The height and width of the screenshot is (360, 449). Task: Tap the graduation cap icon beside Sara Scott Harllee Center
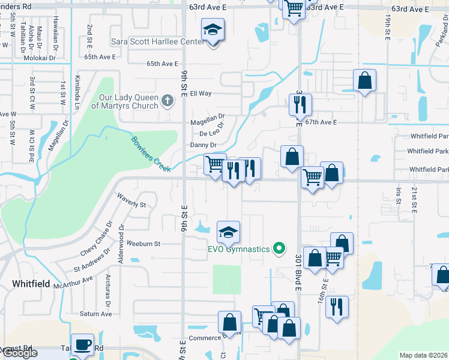pos(212,30)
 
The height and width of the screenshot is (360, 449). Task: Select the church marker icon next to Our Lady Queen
pos(168,101)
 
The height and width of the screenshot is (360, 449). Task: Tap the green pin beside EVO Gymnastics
pos(279,247)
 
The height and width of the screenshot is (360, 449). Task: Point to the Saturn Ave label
pos(96,314)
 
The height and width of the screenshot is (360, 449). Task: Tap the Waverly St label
pos(132,200)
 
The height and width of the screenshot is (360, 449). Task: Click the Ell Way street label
pos(200,94)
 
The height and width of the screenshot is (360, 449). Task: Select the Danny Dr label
pos(203,145)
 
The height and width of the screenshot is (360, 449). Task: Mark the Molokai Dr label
pos(40,58)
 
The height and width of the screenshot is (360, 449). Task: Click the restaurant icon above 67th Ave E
pos(298,104)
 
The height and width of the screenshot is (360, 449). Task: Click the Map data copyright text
pos(423,355)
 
